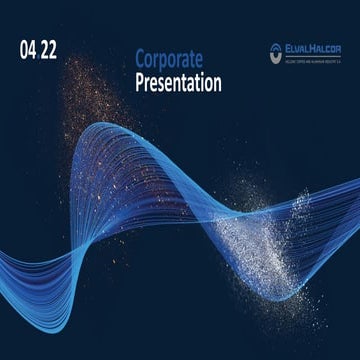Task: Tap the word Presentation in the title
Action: pos(178,84)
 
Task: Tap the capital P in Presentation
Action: pos(140,84)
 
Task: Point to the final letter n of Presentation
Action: pos(216,84)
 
